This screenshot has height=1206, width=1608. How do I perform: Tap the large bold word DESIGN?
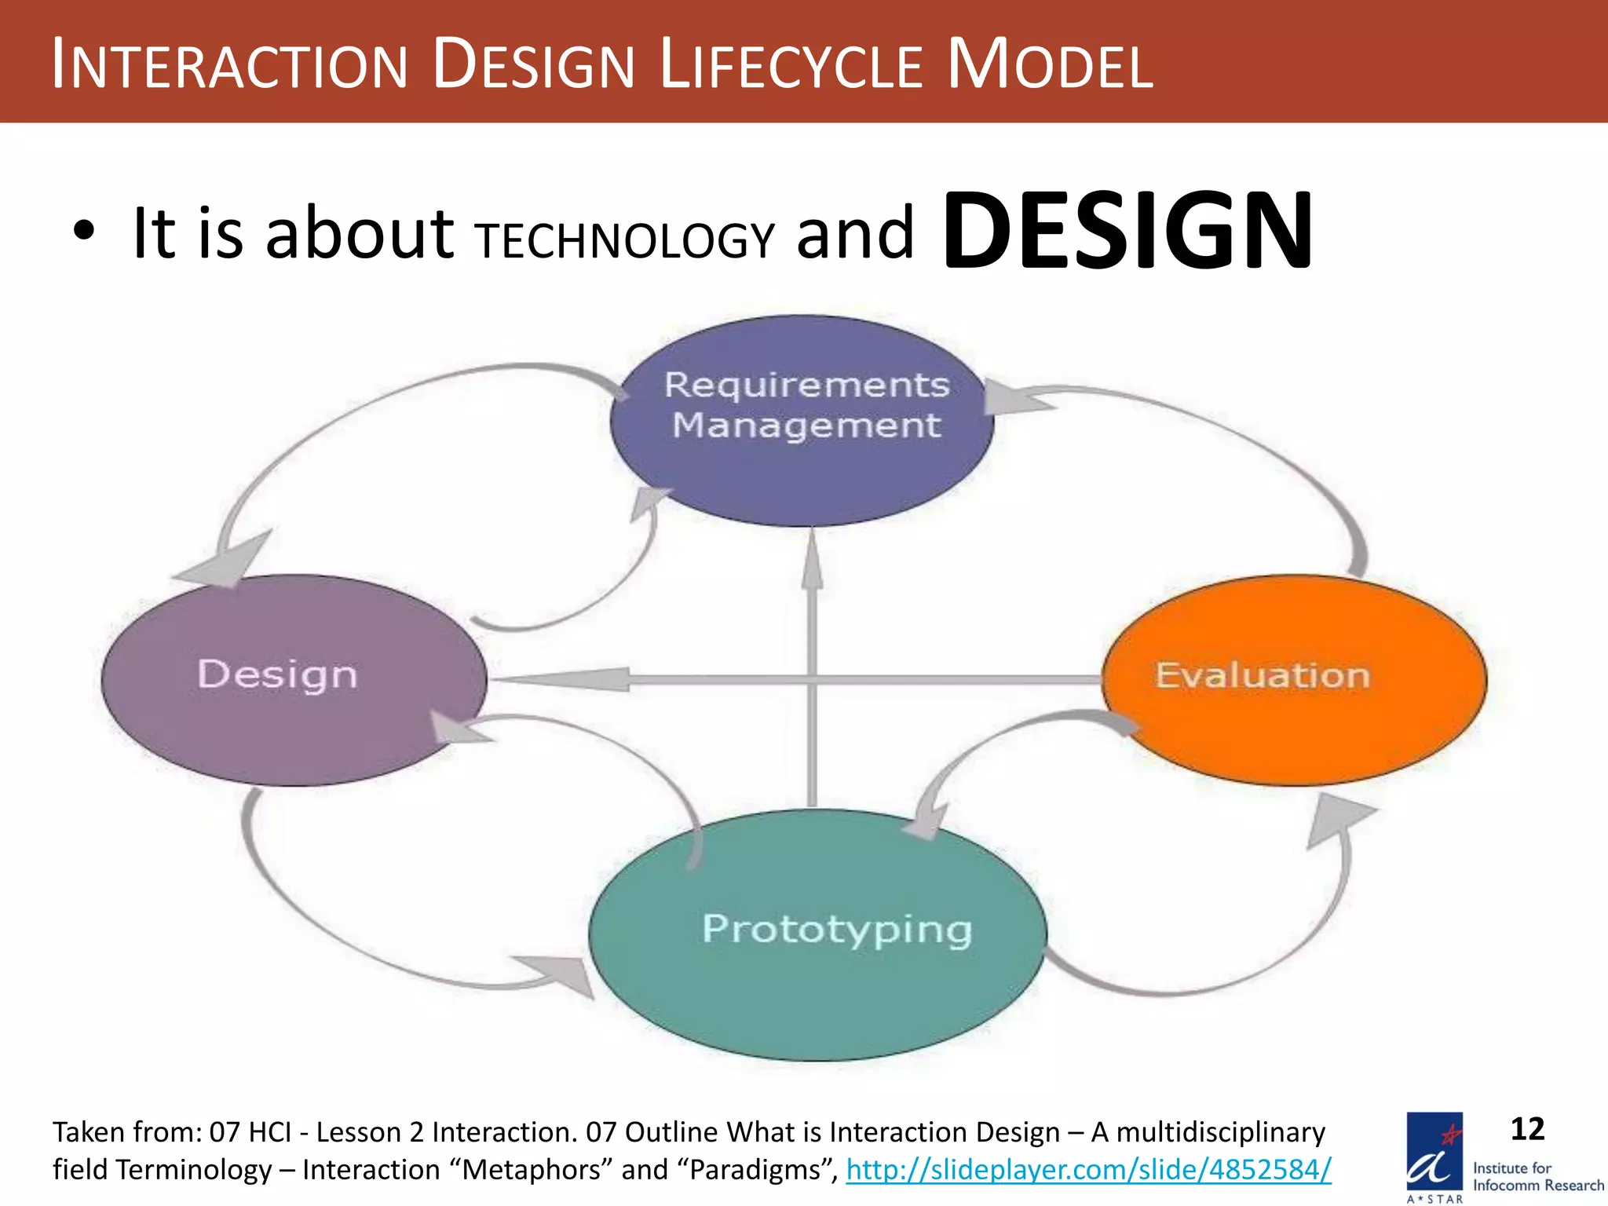[x=1127, y=231]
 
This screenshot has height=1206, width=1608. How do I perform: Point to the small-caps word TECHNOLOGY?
[x=626, y=240]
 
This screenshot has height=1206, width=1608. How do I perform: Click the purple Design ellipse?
[x=293, y=680]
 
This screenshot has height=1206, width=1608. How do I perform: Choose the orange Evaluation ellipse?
[x=1293, y=680]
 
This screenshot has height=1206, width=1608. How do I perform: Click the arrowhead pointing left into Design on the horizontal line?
[x=573, y=679]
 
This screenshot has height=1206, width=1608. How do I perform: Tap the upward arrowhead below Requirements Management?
[x=813, y=561]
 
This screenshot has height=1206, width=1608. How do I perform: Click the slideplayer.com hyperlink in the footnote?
[x=1088, y=1170]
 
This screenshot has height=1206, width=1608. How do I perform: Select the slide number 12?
[x=1526, y=1129]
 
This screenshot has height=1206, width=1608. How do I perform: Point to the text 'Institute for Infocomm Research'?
[x=1537, y=1177]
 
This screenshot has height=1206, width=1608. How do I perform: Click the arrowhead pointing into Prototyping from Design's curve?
[x=559, y=976]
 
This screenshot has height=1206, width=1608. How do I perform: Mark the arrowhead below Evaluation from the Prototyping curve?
[x=1336, y=819]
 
